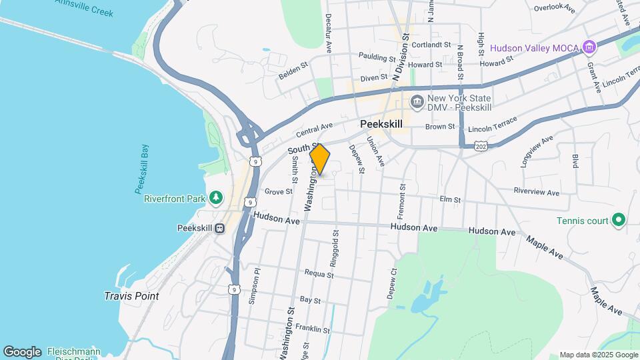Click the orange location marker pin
[320, 159]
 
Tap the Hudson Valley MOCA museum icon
[588, 47]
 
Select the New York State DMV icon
[417, 102]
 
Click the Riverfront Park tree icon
[215, 197]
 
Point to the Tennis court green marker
[618, 219]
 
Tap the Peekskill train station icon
[219, 228]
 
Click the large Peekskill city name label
[381, 123]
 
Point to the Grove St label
[278, 191]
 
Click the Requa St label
[319, 273]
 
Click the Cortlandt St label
[431, 45]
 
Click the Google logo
[22, 352]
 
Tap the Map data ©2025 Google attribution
[597, 355]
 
